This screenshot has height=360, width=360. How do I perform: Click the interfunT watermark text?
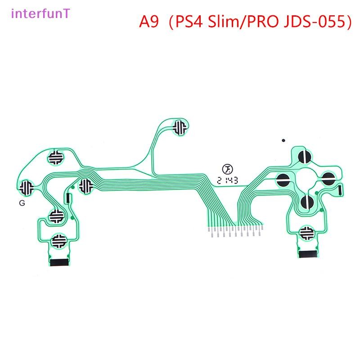[x=40, y=13]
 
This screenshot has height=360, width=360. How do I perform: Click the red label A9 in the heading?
[x=149, y=22]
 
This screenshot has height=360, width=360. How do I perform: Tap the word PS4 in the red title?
[x=189, y=22]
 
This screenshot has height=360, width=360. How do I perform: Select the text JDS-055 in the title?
[x=315, y=22]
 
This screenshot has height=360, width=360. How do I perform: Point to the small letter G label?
[x=22, y=203]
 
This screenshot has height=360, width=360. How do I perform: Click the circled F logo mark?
[x=227, y=170]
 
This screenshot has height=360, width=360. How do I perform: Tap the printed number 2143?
[x=227, y=181]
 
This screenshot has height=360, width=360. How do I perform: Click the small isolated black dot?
[x=283, y=140]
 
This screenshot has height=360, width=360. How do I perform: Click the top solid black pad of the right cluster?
[x=305, y=157]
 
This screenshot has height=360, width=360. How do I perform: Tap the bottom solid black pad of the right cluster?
[x=307, y=202]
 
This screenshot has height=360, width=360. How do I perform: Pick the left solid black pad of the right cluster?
[x=283, y=180]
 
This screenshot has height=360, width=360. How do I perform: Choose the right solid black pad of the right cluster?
[x=328, y=179]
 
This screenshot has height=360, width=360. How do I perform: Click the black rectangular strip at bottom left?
[x=59, y=262]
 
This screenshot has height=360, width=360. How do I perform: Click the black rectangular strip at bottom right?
[x=308, y=254]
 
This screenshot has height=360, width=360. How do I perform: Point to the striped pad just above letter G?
[x=26, y=187]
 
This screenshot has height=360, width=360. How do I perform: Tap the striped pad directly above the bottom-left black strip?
[x=59, y=241]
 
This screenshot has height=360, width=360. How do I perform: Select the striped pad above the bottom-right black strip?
[x=306, y=233]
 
